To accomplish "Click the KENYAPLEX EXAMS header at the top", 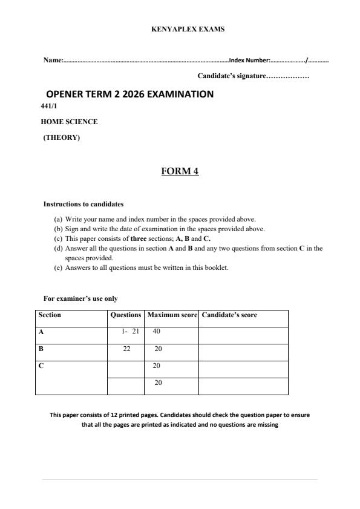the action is (x=188, y=29).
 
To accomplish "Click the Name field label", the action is (x=53, y=61).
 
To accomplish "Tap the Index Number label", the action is (x=249, y=61).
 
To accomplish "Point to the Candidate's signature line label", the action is (x=231, y=76).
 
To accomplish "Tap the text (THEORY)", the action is (x=61, y=137).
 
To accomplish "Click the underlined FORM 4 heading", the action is (x=180, y=171).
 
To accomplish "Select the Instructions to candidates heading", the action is (x=83, y=204).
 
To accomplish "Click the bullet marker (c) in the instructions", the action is (x=58, y=238).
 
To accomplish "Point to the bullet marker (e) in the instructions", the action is (x=58, y=268).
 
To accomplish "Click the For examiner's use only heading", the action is (x=80, y=298).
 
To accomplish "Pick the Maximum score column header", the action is (x=172, y=315).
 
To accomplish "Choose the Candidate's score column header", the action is (x=229, y=315).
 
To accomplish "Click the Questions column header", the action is (x=125, y=315).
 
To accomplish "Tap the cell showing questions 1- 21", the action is (x=130, y=332).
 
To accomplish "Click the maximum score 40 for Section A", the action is (x=156, y=332).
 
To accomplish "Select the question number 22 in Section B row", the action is (x=126, y=349).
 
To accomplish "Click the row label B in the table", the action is (x=41, y=349).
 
